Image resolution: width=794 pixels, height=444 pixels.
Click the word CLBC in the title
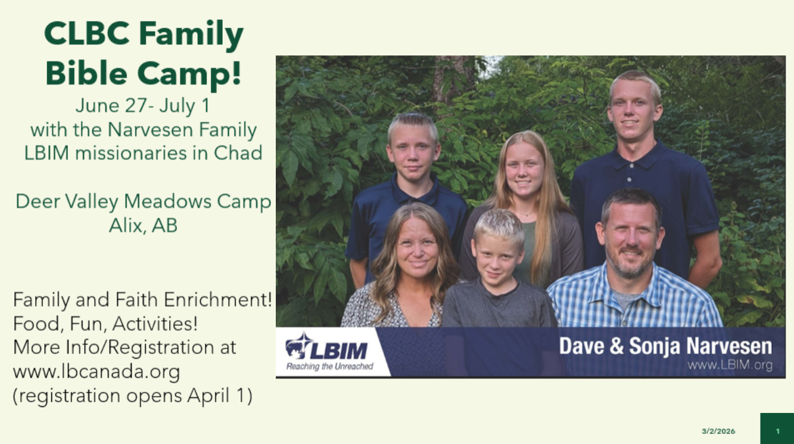click(x=86, y=34)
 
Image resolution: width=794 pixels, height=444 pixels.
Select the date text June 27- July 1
click(x=143, y=105)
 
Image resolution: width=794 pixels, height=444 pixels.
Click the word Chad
click(x=238, y=153)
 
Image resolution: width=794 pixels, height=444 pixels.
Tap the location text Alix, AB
click(x=143, y=225)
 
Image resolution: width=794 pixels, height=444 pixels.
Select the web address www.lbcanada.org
click(x=96, y=372)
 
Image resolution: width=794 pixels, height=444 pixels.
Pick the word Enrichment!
click(x=217, y=300)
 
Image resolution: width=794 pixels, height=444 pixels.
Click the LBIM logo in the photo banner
click(x=326, y=346)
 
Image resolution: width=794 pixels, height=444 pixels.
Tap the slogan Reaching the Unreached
click(x=329, y=367)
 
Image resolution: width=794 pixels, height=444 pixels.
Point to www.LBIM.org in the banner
click(x=730, y=365)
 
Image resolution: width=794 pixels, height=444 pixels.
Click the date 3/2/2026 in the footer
click(x=718, y=431)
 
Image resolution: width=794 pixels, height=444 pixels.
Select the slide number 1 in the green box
click(x=778, y=431)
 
